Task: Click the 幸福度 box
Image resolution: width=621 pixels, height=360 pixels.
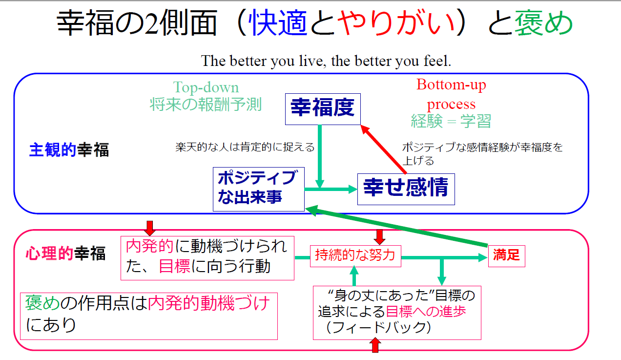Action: pyautogui.click(x=323, y=109)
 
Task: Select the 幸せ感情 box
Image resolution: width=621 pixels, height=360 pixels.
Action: pyautogui.click(x=406, y=189)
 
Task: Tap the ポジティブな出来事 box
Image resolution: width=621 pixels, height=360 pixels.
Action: pyautogui.click(x=259, y=189)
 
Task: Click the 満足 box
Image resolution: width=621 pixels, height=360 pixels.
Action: pyautogui.click(x=506, y=256)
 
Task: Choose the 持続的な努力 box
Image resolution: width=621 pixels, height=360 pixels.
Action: pyautogui.click(x=355, y=256)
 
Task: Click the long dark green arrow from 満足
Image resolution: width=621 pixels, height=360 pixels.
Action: pyautogui.click(x=396, y=226)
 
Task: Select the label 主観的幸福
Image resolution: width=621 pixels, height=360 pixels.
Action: pyautogui.click(x=69, y=150)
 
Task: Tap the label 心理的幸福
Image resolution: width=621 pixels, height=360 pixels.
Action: pyautogui.click(x=66, y=253)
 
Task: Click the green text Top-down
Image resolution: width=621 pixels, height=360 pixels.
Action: pyautogui.click(x=206, y=87)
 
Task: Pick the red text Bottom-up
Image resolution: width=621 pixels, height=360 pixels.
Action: pyautogui.click(x=451, y=85)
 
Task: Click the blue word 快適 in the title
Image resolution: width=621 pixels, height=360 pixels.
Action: pyautogui.click(x=279, y=23)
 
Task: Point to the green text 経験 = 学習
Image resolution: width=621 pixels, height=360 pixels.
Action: pyautogui.click(x=451, y=121)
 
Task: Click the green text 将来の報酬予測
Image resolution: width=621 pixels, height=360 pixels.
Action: pyautogui.click(x=206, y=105)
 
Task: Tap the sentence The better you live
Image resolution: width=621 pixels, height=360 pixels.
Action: pyautogui.click(x=326, y=61)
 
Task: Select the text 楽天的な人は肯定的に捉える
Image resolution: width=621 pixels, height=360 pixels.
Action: pyautogui.click(x=245, y=147)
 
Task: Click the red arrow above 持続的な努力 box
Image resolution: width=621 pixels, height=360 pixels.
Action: pyautogui.click(x=379, y=237)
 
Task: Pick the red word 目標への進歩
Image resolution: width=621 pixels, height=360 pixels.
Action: pyautogui.click(x=426, y=312)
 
